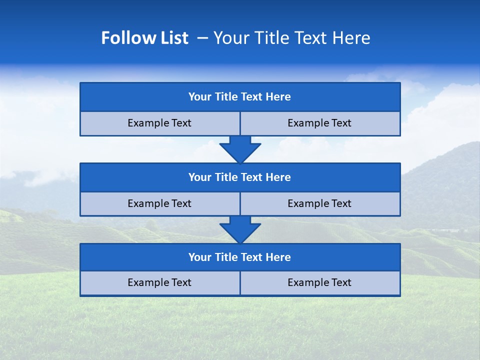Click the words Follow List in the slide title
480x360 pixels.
pyautogui.click(x=144, y=38)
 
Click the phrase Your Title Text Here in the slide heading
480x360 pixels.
pyautogui.click(x=291, y=38)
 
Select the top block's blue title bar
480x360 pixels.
pyautogui.click(x=240, y=97)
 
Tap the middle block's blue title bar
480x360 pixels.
pyautogui.click(x=240, y=177)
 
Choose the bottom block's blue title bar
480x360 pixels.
pyautogui.click(x=240, y=257)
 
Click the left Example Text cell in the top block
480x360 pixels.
pyautogui.click(x=160, y=123)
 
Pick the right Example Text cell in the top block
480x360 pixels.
pyautogui.click(x=320, y=123)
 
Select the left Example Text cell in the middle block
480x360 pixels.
pyautogui.click(x=160, y=203)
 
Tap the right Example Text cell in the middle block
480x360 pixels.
pyautogui.click(x=320, y=203)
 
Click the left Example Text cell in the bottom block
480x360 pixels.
pyautogui.click(x=160, y=283)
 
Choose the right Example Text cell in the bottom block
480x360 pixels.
pyautogui.click(x=320, y=283)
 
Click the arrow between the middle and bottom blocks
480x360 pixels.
pyautogui.click(x=240, y=229)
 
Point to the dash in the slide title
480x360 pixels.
pyautogui.click(x=202, y=38)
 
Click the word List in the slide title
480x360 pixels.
pyautogui.click(x=174, y=38)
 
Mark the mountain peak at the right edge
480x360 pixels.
pyautogui.click(x=472, y=144)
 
